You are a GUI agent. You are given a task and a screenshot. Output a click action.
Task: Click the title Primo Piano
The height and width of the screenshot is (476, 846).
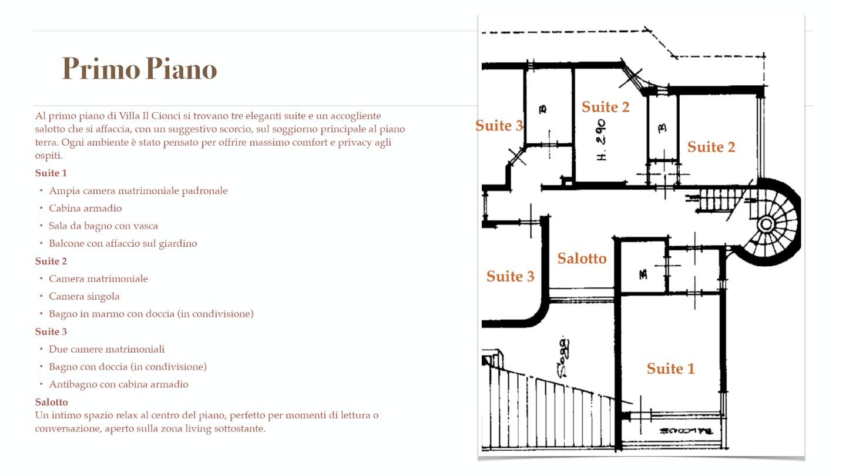point(139,69)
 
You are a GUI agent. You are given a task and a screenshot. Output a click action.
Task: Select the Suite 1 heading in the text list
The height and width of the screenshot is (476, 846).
point(51,173)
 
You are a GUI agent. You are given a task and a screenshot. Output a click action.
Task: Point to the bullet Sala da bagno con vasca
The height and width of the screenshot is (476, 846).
point(103,226)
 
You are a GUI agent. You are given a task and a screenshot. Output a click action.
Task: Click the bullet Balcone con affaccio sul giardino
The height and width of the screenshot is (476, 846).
point(123,243)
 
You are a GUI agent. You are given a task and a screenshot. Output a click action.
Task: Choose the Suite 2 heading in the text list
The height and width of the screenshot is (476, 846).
point(51,261)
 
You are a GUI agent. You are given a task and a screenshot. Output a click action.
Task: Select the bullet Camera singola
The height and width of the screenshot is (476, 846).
point(84,296)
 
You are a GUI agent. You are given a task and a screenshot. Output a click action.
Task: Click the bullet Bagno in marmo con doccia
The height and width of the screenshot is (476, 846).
point(151,314)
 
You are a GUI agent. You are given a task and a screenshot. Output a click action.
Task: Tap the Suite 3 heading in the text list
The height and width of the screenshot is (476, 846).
point(51,331)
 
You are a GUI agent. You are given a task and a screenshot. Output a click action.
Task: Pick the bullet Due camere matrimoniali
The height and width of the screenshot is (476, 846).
point(106,349)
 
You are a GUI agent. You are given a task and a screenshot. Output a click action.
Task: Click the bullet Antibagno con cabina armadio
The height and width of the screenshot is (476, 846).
point(119,384)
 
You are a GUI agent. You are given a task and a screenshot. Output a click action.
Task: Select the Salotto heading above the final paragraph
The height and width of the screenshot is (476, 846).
point(52,402)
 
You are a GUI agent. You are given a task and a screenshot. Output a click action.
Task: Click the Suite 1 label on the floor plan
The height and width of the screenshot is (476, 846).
point(670,368)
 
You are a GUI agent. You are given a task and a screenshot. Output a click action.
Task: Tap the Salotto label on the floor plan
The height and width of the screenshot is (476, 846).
point(582,259)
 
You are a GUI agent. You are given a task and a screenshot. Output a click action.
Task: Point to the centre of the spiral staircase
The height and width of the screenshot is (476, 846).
point(766,224)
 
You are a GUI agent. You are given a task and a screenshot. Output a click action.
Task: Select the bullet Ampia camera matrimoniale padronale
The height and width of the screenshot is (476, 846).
point(138,190)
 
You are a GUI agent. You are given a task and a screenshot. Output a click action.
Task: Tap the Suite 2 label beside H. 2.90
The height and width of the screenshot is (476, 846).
point(605,107)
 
